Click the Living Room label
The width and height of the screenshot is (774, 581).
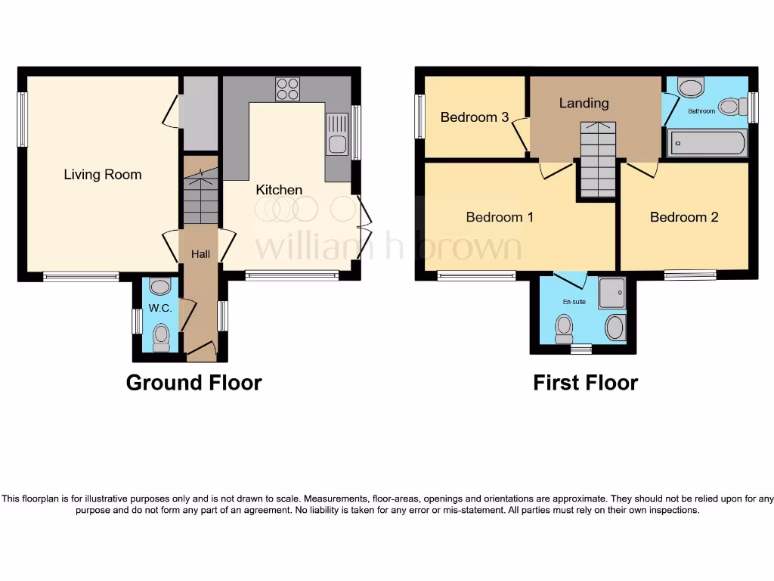click(102, 175)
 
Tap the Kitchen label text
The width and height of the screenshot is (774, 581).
click(279, 190)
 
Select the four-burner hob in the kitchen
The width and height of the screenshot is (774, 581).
click(287, 89)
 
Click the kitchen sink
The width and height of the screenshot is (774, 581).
click(337, 135)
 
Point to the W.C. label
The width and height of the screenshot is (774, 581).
click(159, 309)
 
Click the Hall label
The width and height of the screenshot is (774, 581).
click(200, 255)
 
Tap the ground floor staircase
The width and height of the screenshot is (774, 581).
click(200, 197)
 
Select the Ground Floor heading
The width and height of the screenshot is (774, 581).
click(193, 383)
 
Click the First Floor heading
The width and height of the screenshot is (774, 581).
click(585, 383)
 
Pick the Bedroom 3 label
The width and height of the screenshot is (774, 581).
click(474, 117)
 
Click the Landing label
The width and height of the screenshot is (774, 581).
click(584, 103)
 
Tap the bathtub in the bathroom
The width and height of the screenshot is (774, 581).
click(707, 143)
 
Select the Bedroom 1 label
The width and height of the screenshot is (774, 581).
click(500, 217)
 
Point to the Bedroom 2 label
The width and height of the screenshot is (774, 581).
click(684, 217)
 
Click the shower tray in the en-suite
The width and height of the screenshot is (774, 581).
click(612, 293)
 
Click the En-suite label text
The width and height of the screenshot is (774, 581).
click(574, 302)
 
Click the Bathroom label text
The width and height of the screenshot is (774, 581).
click(701, 111)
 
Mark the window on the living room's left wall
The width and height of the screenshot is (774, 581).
click(23, 119)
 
